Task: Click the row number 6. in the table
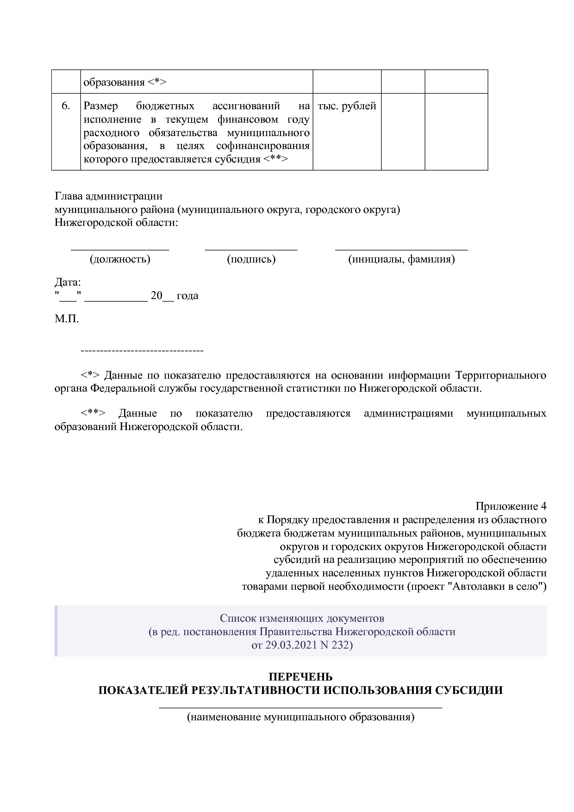(x=66, y=106)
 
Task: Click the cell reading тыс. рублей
(x=347, y=106)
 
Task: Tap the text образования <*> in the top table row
(x=125, y=82)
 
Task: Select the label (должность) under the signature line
(x=120, y=259)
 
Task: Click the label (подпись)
(x=251, y=259)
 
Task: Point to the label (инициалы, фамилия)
(x=401, y=259)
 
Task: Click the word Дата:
(x=68, y=282)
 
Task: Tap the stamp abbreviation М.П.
(x=67, y=319)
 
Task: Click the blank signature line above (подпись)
(x=251, y=249)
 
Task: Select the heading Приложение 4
(x=511, y=506)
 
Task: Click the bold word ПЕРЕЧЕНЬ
(x=300, y=677)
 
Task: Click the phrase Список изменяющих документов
(x=302, y=618)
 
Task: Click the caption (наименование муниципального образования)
(x=300, y=717)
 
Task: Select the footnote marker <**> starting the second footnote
(x=93, y=413)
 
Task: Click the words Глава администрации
(x=108, y=196)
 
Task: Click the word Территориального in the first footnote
(x=501, y=375)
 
